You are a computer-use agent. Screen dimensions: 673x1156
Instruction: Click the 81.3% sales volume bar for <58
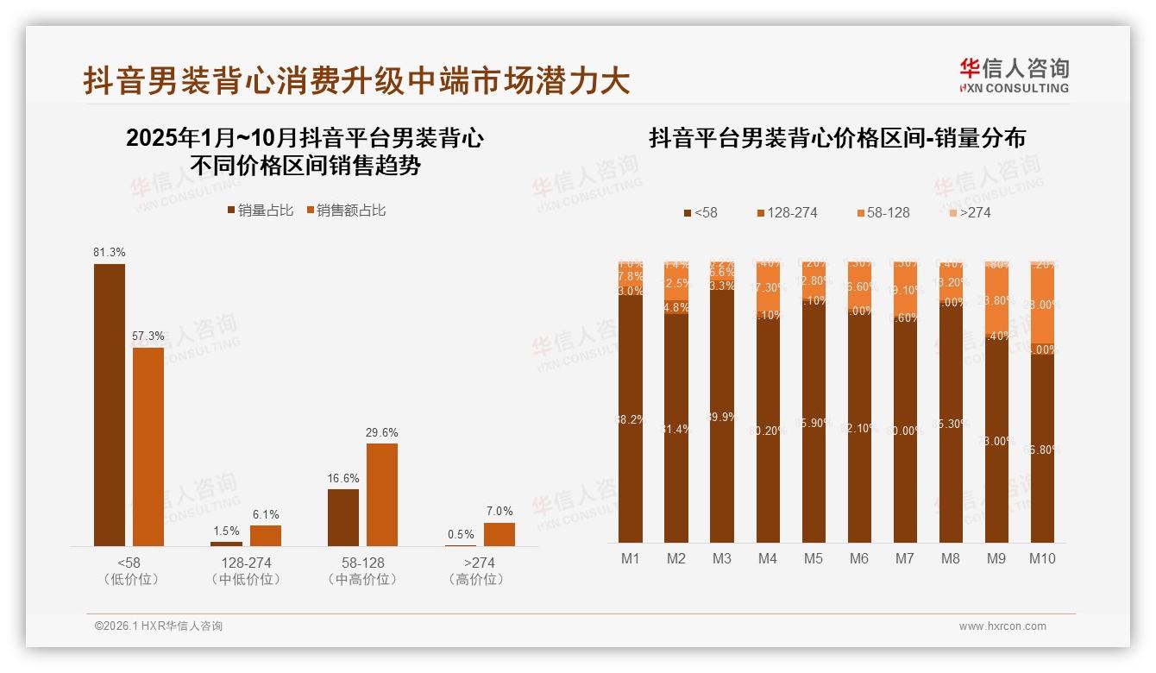110,405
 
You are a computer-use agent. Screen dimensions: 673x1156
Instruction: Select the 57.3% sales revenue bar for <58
148,446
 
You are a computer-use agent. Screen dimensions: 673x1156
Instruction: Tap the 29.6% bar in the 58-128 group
382,494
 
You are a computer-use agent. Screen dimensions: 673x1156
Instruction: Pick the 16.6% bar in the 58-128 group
343,517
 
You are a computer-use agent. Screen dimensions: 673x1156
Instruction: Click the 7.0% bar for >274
499,534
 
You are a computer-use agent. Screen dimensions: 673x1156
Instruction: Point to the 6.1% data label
266,515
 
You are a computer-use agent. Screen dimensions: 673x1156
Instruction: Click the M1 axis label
631,558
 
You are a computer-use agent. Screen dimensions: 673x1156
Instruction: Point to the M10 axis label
1042,558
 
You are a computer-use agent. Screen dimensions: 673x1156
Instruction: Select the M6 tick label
859,558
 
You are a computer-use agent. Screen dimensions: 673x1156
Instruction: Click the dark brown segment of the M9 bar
996,440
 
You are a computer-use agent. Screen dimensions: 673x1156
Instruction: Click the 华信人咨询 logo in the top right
1014,76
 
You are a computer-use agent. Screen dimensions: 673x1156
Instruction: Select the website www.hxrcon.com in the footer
1002,626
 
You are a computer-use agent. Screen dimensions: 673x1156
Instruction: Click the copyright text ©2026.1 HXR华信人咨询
159,626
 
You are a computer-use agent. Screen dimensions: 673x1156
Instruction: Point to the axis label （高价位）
475,580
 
